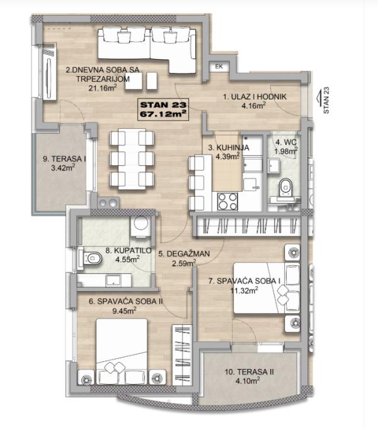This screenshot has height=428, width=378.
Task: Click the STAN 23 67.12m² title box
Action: click(x=163, y=109)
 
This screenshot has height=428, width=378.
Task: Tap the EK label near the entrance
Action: click(x=219, y=67)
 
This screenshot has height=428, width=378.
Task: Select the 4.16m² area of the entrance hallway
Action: click(x=254, y=106)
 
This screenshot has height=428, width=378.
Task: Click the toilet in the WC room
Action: click(x=285, y=187)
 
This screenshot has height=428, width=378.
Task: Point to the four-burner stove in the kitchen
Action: click(x=227, y=202)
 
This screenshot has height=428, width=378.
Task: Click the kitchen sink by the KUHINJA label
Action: click(x=251, y=185)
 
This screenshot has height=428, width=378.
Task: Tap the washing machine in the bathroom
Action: click(x=140, y=225)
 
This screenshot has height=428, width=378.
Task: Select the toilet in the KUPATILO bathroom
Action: click(x=91, y=258)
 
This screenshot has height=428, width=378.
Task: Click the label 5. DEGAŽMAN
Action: click(x=184, y=253)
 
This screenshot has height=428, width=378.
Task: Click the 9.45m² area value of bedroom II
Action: click(x=125, y=310)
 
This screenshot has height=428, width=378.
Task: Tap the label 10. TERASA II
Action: click(x=249, y=372)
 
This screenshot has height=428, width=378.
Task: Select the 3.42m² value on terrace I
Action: click(x=63, y=168)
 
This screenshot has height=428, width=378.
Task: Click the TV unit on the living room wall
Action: click(x=49, y=72)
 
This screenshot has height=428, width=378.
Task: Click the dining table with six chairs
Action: click(x=132, y=159)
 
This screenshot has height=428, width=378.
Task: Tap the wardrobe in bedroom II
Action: click(x=182, y=355)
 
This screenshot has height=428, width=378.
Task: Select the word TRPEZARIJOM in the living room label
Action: click(x=103, y=79)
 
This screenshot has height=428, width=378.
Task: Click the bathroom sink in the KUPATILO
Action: click(x=113, y=280)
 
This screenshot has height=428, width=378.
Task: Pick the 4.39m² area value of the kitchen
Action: click(x=227, y=156)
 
